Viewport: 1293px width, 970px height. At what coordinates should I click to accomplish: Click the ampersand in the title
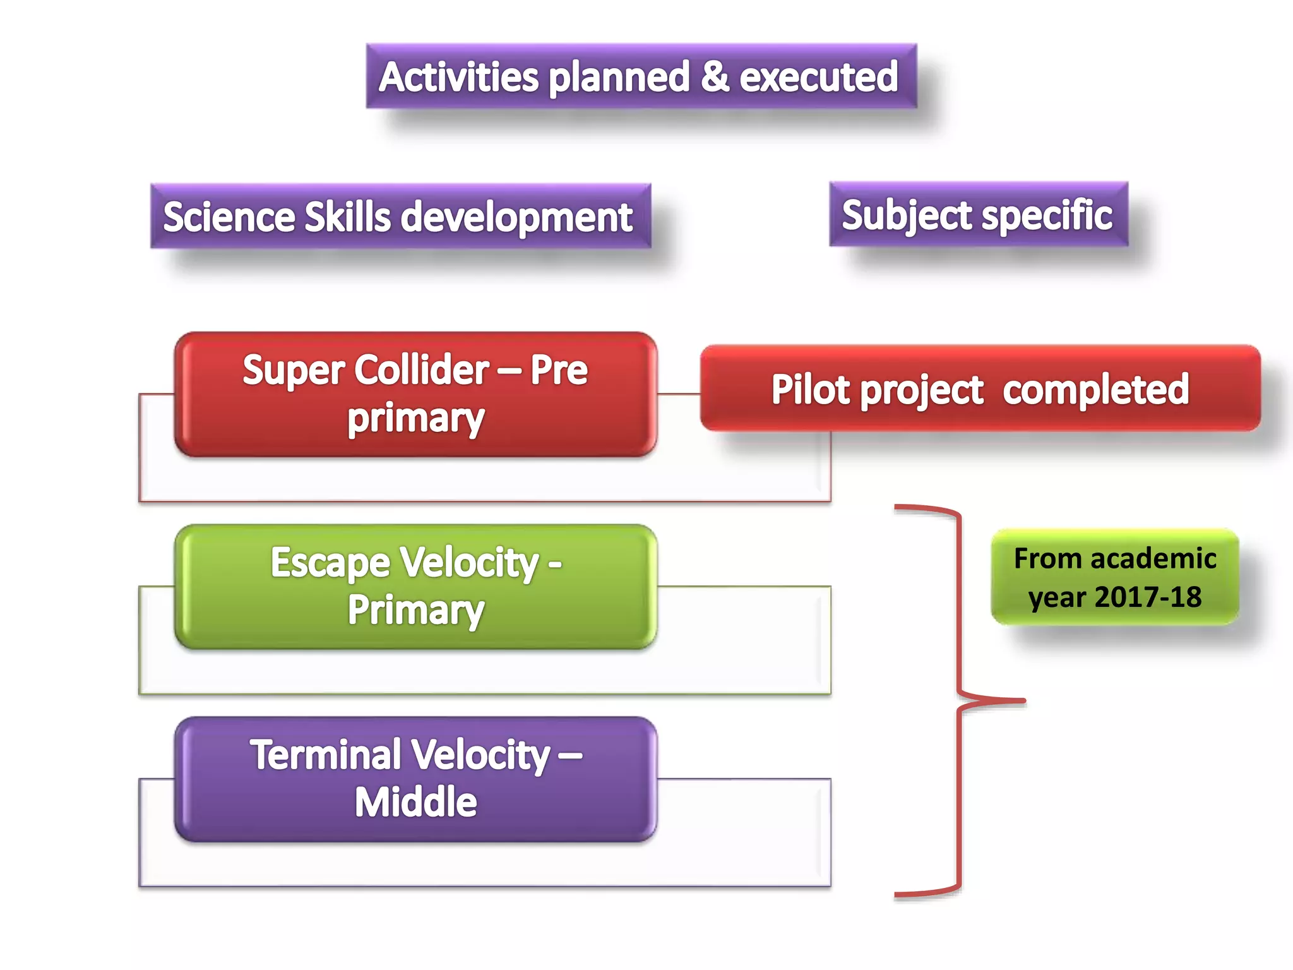714,76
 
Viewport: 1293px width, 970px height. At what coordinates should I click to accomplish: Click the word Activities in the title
458,77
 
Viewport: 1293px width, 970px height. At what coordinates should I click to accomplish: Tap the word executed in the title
818,77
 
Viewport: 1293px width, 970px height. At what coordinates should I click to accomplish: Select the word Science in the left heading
229,217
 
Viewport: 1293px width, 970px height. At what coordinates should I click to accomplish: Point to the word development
516,217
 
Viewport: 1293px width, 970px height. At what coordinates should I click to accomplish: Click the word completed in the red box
1095,389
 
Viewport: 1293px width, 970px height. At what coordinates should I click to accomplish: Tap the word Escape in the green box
330,562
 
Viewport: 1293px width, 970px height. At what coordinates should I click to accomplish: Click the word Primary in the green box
416,610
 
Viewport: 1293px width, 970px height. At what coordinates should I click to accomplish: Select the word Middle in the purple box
415,802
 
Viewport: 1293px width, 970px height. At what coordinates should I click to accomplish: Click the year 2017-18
1147,597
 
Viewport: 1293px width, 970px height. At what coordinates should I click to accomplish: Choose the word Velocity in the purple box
481,755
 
